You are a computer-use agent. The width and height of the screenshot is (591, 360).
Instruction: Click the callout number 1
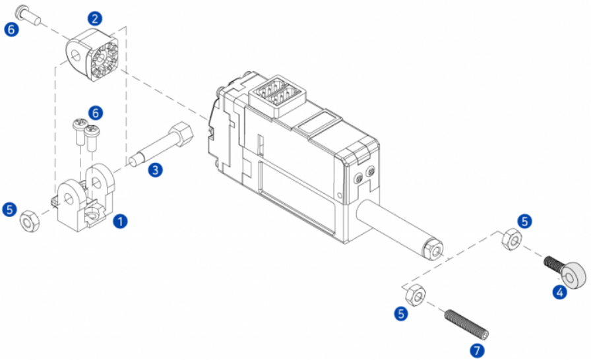(x=121, y=221)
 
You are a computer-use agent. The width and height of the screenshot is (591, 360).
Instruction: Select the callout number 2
(x=95, y=18)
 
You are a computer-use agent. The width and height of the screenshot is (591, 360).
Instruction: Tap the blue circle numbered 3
(x=155, y=170)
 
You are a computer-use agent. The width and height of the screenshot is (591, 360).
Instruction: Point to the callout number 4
(x=560, y=292)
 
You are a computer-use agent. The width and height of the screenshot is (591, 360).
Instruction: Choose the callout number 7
(x=477, y=351)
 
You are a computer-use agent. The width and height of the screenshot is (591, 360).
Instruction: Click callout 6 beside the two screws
(x=96, y=113)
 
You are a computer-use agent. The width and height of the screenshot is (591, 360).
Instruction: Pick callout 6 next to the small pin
(x=12, y=29)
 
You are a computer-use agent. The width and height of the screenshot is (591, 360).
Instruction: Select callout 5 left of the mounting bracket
(x=9, y=210)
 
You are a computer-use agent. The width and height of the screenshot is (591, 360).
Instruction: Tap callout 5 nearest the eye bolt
(x=524, y=221)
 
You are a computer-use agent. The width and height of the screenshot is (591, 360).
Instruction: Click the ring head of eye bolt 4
(x=574, y=275)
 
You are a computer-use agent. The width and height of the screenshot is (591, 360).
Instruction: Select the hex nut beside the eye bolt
(x=512, y=239)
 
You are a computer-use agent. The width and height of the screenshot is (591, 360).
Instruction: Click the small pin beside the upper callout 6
(x=28, y=15)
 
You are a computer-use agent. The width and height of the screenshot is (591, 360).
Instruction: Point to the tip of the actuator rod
(x=434, y=250)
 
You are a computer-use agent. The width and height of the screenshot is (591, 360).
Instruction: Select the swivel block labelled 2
(x=92, y=55)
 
